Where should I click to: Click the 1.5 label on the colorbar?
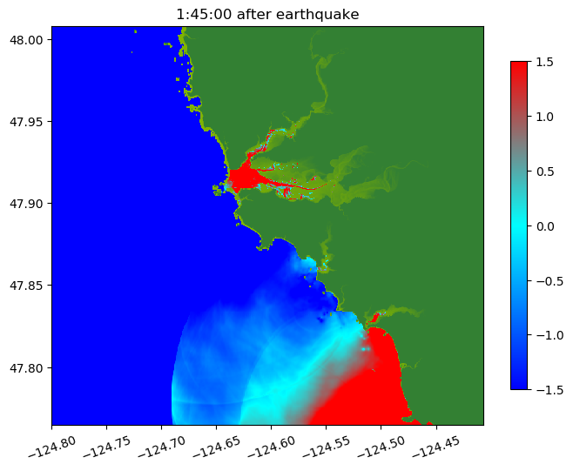tap(546, 62)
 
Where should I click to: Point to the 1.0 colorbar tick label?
tap(546, 117)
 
